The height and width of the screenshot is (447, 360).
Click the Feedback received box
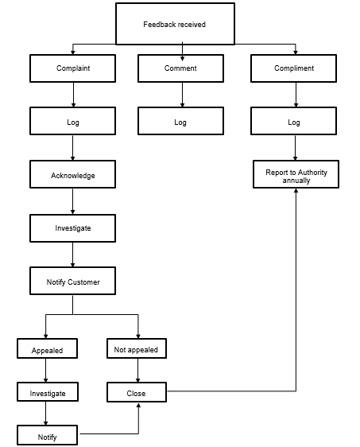175,24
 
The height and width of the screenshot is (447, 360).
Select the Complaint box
73,68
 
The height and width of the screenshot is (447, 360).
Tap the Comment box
180,68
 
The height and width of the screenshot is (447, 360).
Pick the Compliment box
294,68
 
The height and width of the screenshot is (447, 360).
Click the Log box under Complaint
73,122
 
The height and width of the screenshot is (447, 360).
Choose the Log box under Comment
180,122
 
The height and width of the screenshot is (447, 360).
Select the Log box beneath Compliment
294,122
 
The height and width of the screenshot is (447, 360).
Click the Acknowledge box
73,175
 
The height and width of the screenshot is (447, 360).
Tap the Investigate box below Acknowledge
73,228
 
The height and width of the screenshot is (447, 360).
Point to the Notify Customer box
73,282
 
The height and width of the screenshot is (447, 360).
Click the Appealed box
47,349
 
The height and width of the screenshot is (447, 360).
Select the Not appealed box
137,349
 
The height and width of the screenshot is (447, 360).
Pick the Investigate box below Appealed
47,393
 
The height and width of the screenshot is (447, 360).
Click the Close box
137,393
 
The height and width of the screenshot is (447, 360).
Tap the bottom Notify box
47,437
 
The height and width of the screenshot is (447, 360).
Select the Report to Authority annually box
296,176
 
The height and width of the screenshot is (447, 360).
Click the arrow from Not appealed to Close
138,371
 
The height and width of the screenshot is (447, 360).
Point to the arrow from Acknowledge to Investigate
73,202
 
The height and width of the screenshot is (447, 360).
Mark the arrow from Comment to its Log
183,95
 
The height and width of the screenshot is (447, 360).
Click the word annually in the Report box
296,181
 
